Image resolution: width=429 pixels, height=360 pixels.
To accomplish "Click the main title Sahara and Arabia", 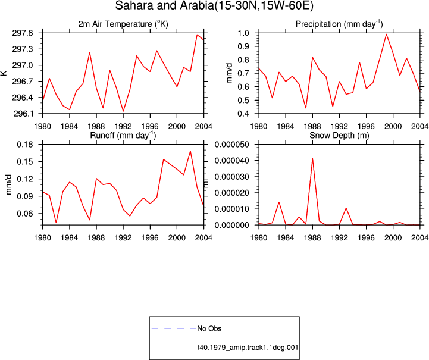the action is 214,6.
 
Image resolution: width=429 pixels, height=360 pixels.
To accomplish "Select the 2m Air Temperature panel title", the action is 123,24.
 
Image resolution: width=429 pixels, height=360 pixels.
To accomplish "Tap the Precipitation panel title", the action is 339,24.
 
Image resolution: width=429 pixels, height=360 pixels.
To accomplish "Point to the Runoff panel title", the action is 123,136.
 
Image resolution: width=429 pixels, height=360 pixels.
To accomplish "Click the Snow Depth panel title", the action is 339,136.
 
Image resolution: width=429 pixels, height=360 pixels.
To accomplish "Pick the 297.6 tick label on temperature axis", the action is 23,33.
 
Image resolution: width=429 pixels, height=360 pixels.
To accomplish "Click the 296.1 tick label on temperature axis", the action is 23,114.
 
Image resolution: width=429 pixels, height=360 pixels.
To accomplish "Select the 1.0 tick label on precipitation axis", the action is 243,33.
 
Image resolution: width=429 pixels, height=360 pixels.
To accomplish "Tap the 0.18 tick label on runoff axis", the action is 24,145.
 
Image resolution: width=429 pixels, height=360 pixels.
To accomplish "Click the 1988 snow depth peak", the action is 312,158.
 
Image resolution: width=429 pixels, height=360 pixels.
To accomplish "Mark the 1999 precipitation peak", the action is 386,35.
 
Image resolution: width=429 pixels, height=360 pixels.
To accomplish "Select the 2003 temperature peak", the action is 197,35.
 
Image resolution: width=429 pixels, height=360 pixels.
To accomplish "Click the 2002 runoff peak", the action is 190,151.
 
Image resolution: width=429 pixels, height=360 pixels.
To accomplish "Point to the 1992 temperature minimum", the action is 123,111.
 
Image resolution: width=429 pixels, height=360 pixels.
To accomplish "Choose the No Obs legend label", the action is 209,328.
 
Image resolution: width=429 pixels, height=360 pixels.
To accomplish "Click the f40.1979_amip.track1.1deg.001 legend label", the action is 248,348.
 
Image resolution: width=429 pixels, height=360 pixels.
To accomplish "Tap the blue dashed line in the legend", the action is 174,328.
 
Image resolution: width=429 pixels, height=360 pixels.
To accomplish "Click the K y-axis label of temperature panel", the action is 4,73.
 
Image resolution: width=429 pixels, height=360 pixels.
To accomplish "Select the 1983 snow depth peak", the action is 279,202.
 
